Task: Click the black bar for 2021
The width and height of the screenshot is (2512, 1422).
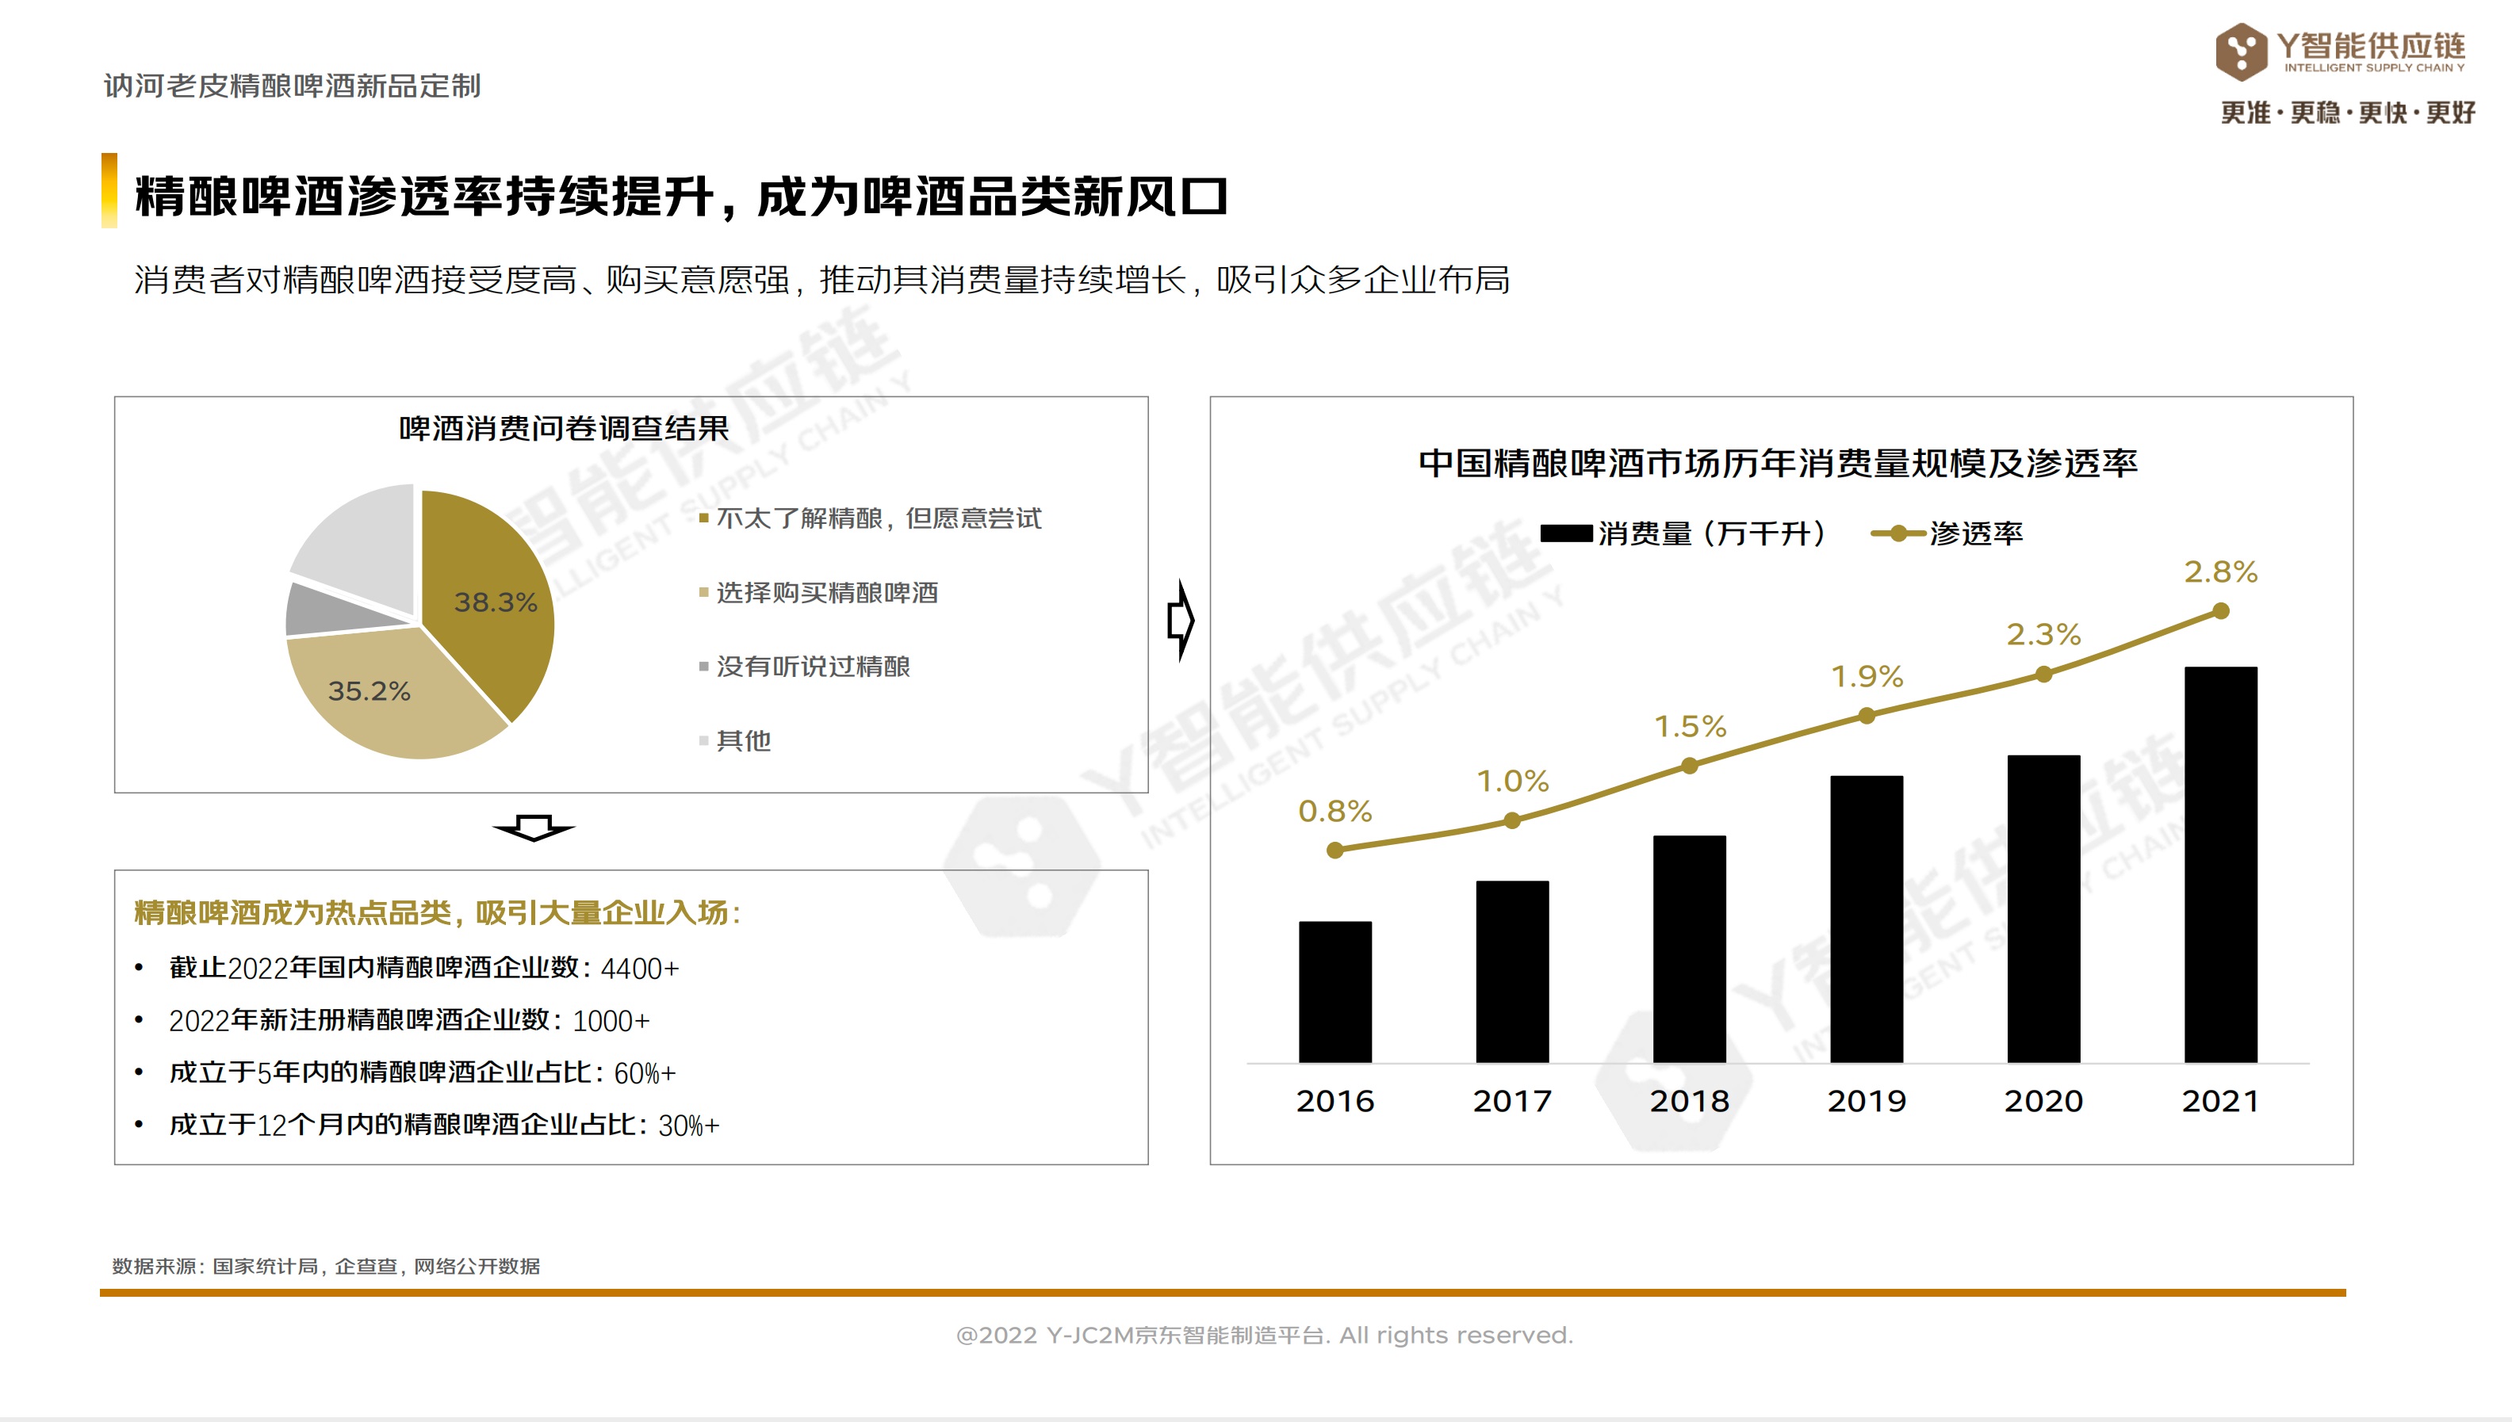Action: pyautogui.click(x=2220, y=864)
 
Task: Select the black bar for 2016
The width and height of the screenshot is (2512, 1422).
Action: pyautogui.click(x=1334, y=992)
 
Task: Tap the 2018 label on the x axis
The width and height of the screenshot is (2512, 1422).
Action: pyautogui.click(x=1689, y=1101)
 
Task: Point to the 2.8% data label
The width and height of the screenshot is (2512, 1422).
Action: pyautogui.click(x=2220, y=571)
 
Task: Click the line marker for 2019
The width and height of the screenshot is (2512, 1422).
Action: pyautogui.click(x=1867, y=716)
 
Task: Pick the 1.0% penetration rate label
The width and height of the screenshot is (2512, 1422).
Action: pyautogui.click(x=1512, y=782)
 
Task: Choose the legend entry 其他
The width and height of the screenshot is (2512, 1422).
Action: pyautogui.click(x=743, y=740)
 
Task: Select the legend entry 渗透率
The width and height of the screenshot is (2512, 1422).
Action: pyautogui.click(x=1974, y=533)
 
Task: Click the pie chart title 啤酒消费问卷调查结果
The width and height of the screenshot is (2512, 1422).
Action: pyautogui.click(x=564, y=428)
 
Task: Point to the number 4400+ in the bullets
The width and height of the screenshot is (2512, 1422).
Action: pyautogui.click(x=640, y=968)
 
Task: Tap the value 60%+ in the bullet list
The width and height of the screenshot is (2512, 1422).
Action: pyautogui.click(x=645, y=1072)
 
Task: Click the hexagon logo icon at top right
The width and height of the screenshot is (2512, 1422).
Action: pyautogui.click(x=2241, y=52)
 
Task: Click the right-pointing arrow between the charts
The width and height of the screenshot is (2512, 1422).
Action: pyautogui.click(x=1181, y=620)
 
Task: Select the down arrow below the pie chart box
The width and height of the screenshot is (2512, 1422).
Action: pyautogui.click(x=534, y=828)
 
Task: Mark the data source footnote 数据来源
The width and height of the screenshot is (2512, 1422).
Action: pyautogui.click(x=325, y=1266)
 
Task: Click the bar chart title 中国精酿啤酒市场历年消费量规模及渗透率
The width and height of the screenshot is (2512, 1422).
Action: pyautogui.click(x=1778, y=462)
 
